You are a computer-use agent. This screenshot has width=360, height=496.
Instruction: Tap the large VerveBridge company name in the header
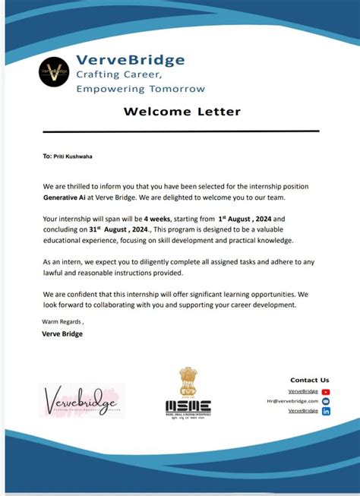pos(130,60)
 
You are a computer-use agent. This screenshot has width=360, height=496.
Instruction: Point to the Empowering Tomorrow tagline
pos(140,88)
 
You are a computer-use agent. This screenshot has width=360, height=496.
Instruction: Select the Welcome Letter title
pos(182,112)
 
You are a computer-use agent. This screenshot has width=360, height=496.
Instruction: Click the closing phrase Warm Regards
pos(66,321)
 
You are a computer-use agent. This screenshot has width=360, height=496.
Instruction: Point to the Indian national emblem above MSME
pos(188,381)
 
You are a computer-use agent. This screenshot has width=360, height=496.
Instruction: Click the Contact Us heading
pos(309,380)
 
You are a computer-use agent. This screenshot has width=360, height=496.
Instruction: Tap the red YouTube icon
pos(326,391)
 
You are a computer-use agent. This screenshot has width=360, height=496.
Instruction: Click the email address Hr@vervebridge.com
pos(292,401)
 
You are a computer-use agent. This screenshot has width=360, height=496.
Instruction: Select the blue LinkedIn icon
pos(326,411)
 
